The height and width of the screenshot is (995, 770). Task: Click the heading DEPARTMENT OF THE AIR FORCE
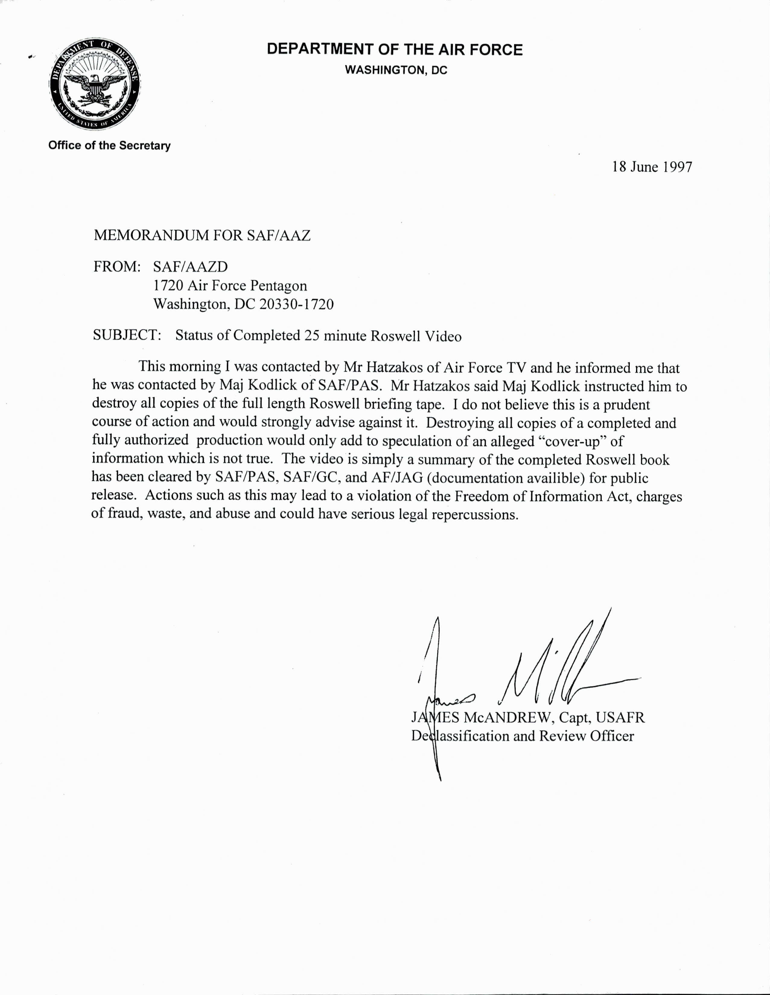pos(394,49)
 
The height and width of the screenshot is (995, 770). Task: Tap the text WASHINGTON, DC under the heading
pos(396,70)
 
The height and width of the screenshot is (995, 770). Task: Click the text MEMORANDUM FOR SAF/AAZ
pos(202,235)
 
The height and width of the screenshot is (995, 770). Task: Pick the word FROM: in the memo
pos(116,267)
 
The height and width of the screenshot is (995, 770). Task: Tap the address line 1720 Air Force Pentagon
pos(230,286)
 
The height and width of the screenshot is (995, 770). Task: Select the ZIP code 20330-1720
pos(296,304)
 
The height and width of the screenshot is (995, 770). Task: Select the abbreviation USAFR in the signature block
pos(620,718)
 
